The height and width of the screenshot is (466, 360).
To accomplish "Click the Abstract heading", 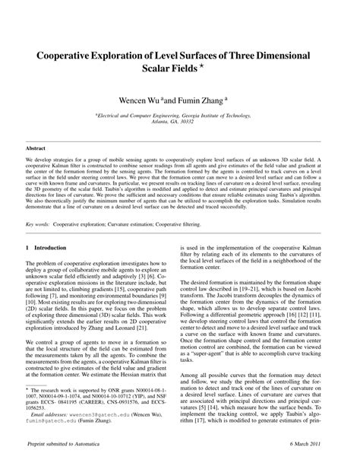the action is pyautogui.click(x=36, y=147).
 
